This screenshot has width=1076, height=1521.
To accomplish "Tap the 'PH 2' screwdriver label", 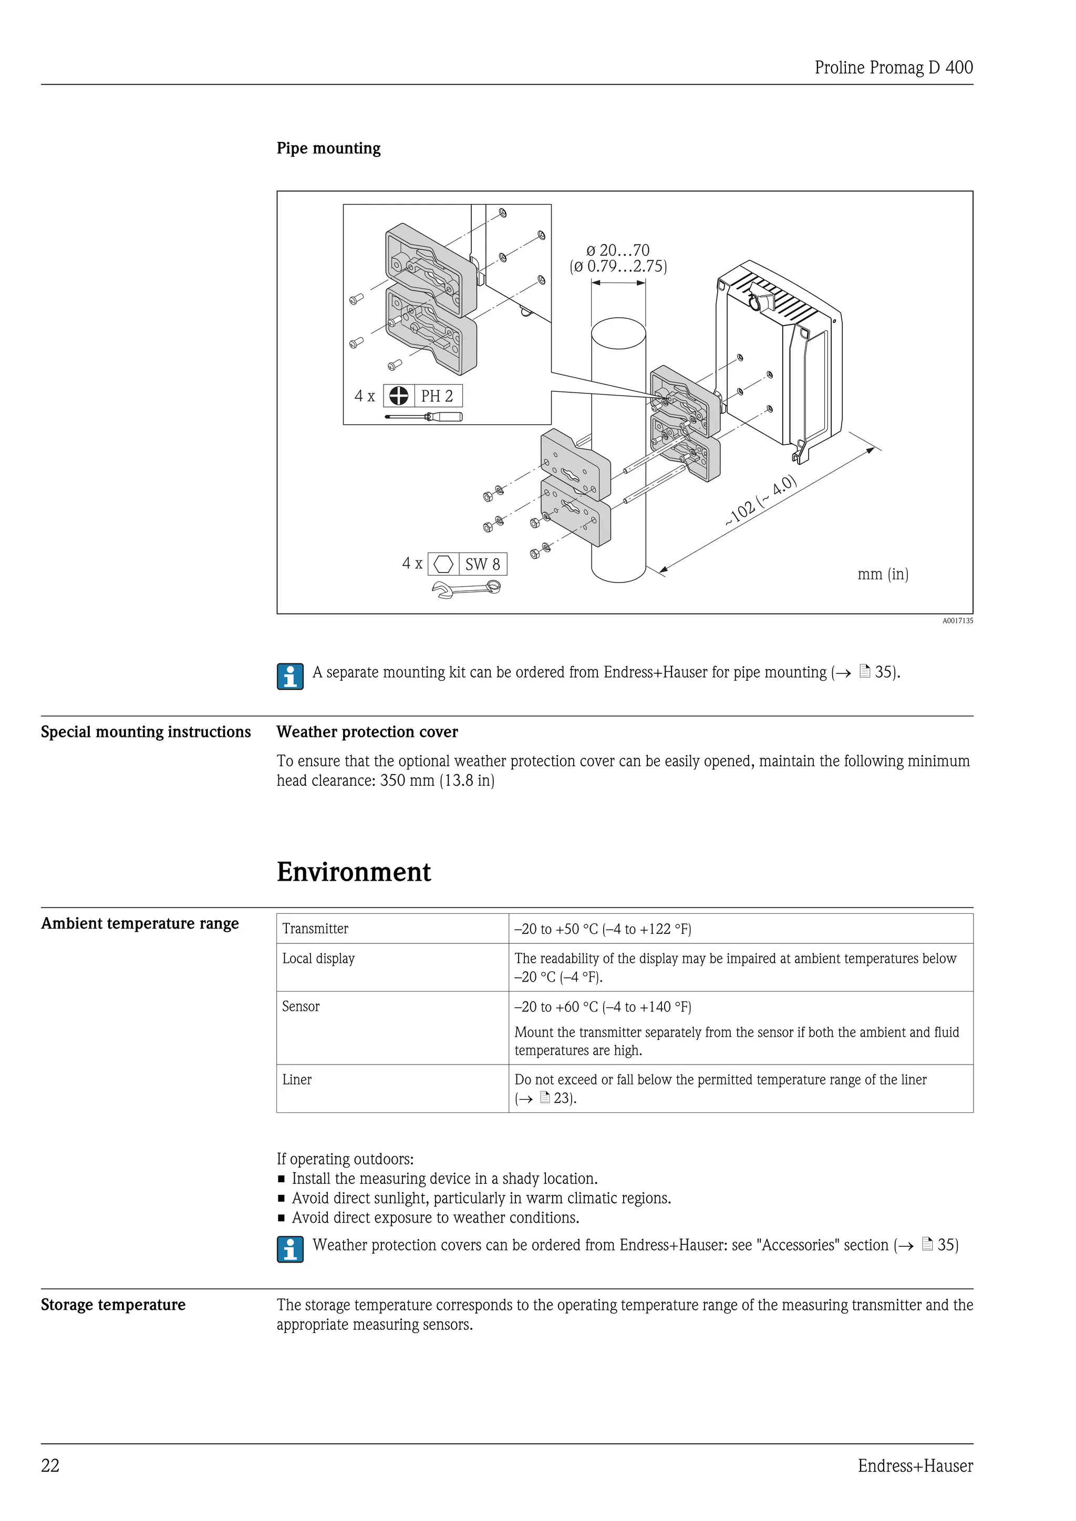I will tap(437, 396).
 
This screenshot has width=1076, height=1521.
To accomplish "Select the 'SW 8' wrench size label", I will tap(482, 565).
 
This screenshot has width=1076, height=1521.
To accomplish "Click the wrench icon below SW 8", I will tap(466, 589).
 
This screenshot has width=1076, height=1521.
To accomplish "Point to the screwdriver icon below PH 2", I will tap(424, 416).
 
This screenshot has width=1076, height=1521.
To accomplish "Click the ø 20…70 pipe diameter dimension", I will tap(617, 251).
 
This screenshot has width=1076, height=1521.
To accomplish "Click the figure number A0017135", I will tap(957, 621).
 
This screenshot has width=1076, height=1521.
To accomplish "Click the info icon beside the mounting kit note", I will tap(290, 676).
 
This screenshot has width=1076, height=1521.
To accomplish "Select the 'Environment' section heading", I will tap(353, 872).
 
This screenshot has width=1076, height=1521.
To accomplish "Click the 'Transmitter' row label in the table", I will tap(315, 929).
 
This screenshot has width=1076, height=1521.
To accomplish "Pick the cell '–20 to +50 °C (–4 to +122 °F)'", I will tap(602, 929).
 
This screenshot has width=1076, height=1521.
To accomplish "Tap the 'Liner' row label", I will tap(296, 1080).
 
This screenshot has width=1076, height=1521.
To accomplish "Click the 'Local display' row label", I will tap(318, 959).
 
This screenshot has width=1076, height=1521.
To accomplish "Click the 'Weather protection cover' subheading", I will tap(367, 732).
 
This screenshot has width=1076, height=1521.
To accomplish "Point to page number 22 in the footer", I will tap(50, 1466).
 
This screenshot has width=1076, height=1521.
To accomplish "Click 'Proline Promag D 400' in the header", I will tap(893, 68).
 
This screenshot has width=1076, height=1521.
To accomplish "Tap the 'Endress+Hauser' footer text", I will tap(915, 1466).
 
